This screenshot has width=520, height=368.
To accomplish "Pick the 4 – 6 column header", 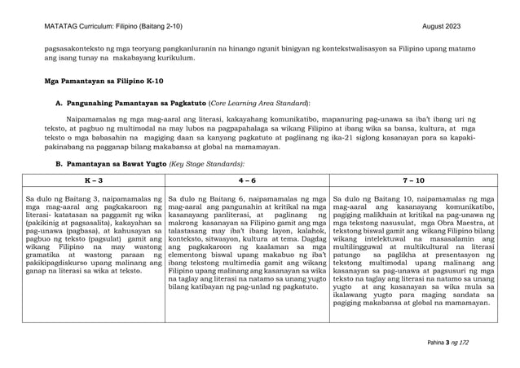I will (x=249, y=180).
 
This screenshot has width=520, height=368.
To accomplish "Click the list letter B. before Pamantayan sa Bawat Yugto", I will (x=59, y=164).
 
